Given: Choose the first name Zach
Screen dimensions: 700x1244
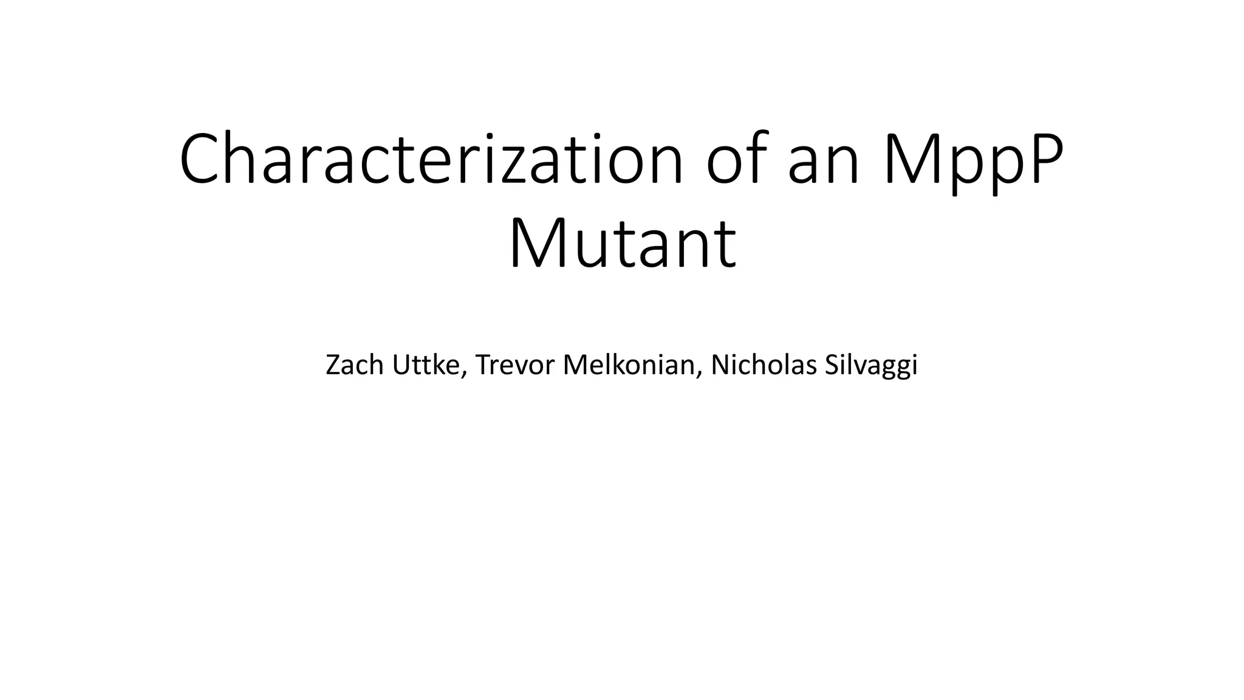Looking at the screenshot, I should pos(355,365).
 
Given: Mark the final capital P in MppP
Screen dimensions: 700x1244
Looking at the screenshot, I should pos(1044,159).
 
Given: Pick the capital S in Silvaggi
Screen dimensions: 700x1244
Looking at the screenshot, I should pos(832,365).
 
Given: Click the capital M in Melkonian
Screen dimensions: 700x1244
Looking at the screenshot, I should pos(576,365).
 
